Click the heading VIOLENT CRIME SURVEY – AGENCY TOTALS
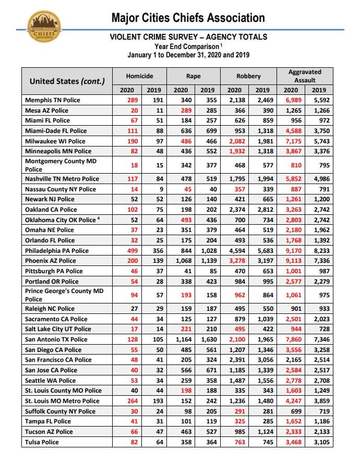click(188, 37)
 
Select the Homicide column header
click(139, 76)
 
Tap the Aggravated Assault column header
click(305, 76)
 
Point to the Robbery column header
click(248, 76)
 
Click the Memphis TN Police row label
click(53, 100)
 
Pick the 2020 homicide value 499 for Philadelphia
click(127, 250)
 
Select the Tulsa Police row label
click(42, 442)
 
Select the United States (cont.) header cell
click(67, 81)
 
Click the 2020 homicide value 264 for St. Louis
click(127, 400)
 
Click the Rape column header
click(194, 76)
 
